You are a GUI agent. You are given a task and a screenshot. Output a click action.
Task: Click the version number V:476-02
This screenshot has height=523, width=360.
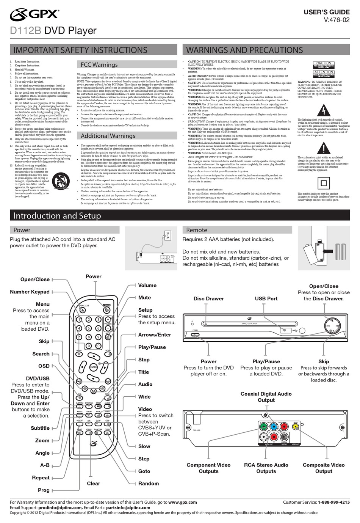[337, 20]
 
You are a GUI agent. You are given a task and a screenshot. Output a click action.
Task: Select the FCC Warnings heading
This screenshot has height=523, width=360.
[99, 65]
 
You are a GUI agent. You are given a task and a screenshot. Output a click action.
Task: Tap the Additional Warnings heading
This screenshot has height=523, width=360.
[108, 136]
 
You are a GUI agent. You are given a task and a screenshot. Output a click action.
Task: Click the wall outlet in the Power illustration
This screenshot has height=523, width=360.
[167, 235]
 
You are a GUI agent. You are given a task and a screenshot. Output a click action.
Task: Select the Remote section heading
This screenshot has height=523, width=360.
[197, 230]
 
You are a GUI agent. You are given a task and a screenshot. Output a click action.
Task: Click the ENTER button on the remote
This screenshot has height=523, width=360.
[93, 367]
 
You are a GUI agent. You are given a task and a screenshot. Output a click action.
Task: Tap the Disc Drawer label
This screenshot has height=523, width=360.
[208, 298]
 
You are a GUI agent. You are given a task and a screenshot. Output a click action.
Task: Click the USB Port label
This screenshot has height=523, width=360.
[266, 298]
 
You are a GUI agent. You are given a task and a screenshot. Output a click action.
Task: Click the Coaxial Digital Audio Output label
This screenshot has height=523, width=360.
[266, 397]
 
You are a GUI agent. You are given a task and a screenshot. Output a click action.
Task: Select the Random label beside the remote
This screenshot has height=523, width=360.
[149, 484]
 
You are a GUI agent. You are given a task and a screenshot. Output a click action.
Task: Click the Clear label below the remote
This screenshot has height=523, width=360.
[93, 484]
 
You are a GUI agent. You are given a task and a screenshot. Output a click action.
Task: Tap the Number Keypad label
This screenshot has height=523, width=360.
[30, 292]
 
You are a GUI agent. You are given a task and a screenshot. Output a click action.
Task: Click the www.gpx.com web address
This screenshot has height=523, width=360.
[182, 502]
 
